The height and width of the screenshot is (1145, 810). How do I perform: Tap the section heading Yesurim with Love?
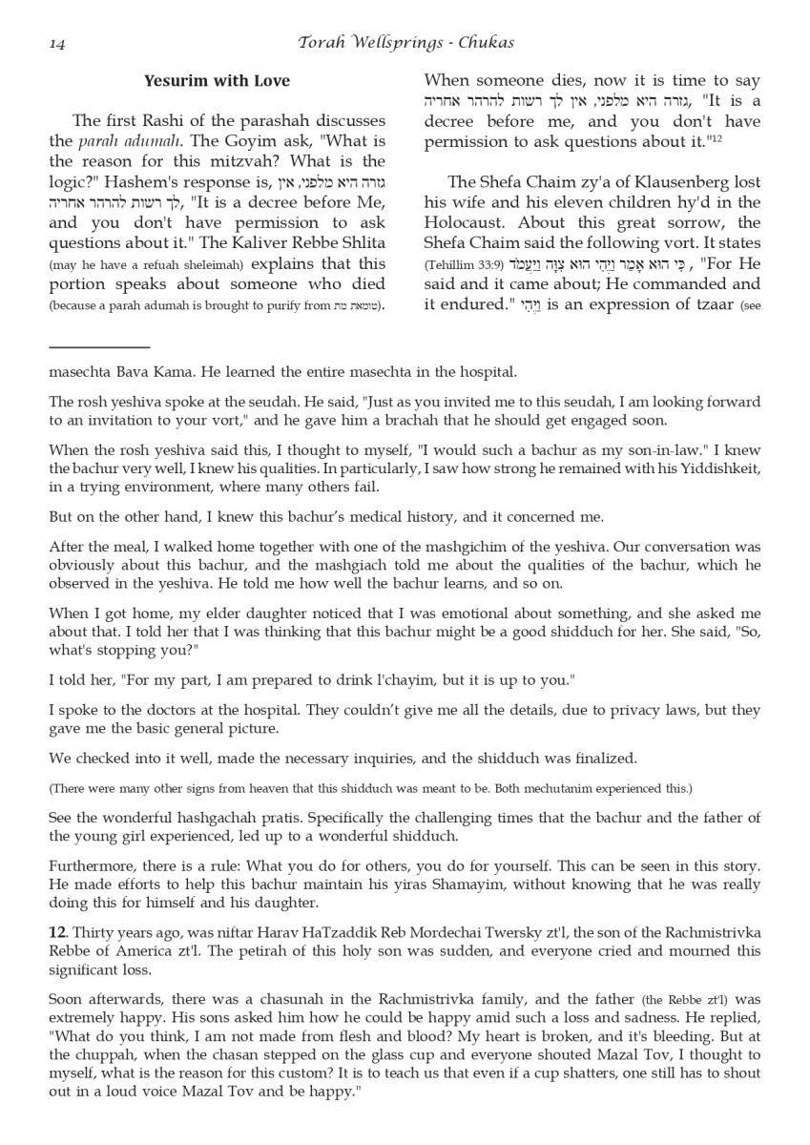pyautogui.click(x=217, y=81)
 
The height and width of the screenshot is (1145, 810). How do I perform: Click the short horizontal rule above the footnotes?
pyautogui.click(x=99, y=347)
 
